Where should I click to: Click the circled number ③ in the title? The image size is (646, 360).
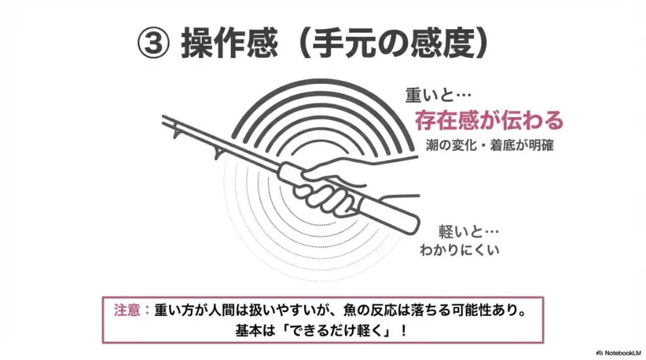coord(154,45)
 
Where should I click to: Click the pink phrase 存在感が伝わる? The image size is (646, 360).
coord(488,120)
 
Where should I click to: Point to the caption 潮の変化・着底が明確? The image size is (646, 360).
coord(490,145)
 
